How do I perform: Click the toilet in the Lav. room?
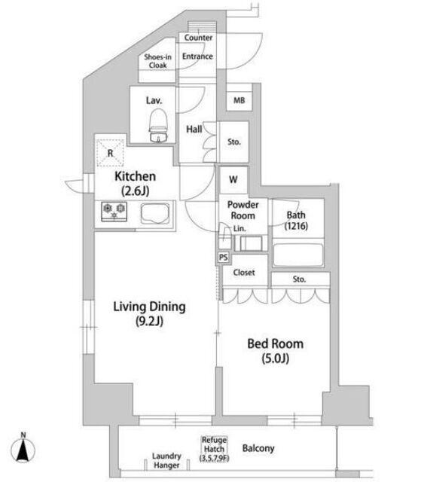click(x=158, y=126)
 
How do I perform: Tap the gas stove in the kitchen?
click(x=114, y=212)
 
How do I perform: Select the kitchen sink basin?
click(x=155, y=213)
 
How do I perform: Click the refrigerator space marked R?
click(x=110, y=153)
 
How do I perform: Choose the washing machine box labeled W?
click(x=233, y=179)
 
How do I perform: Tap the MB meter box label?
click(x=239, y=100)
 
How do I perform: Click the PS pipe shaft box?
click(x=224, y=257)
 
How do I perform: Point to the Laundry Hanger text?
click(x=166, y=460)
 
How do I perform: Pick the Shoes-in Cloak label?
click(x=157, y=61)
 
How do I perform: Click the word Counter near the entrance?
click(x=198, y=38)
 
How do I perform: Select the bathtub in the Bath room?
click(x=297, y=255)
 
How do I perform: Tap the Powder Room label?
click(x=243, y=210)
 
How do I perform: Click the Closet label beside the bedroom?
click(x=244, y=273)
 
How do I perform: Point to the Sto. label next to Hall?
click(x=234, y=142)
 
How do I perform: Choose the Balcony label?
click(x=258, y=448)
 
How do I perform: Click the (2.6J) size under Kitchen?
click(x=136, y=191)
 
